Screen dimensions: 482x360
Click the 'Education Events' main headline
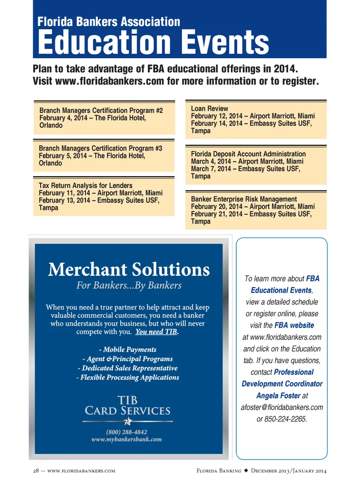(153, 42)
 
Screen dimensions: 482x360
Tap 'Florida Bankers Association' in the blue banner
(109, 22)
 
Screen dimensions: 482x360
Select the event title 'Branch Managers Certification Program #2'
(101, 110)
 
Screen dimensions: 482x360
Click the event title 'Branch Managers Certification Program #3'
(100, 148)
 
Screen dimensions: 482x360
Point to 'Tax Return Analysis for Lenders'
(85, 185)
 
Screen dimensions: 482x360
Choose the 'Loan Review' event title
(209, 108)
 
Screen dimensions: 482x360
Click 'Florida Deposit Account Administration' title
(248, 154)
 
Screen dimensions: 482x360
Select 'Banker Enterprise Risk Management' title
(244, 199)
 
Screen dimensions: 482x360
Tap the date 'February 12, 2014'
(216, 116)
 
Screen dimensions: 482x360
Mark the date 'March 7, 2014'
(211, 169)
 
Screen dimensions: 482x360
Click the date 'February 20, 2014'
(216, 206)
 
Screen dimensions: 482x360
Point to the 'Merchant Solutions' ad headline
(129, 270)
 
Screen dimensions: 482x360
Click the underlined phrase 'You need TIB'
(156, 331)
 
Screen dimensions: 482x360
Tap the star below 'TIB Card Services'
(128, 421)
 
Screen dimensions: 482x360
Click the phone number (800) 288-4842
(127, 432)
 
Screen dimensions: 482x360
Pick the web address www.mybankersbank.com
(127, 439)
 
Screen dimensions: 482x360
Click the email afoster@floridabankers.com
(282, 407)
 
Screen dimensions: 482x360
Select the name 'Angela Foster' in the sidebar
(278, 396)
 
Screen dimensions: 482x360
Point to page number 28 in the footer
(36, 471)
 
